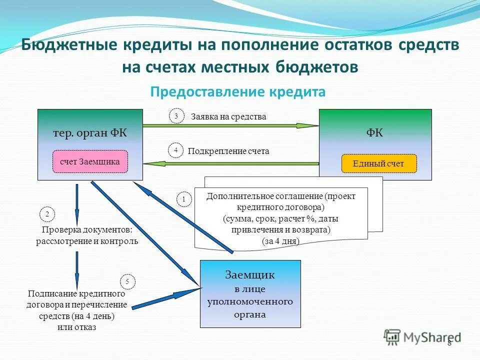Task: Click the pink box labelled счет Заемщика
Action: pos(90,161)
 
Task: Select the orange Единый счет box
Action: pos(378,163)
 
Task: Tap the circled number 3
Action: pos(176,116)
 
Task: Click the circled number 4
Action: pos(175,150)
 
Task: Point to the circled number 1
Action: pos(183,199)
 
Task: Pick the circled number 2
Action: pos(47,214)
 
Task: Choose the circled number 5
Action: pos(127,282)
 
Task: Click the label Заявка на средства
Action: pos(228,116)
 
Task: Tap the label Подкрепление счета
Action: pos(228,151)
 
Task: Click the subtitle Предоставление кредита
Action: pos(238,92)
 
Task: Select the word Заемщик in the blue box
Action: pos(250,275)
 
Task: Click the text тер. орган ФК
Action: pos(90,133)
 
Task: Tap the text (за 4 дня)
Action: pos(280,240)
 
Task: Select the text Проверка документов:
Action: pos(86,230)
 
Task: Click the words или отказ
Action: pos(76,327)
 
